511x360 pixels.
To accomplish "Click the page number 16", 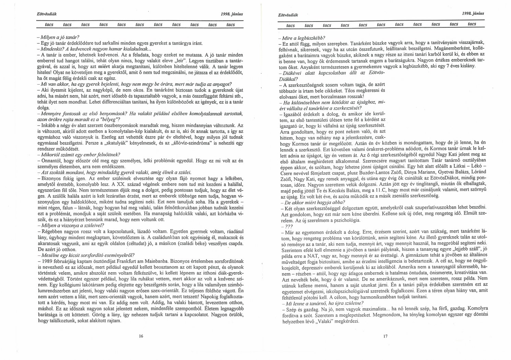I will click(141, 336).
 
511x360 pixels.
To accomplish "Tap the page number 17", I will click(385, 336).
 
